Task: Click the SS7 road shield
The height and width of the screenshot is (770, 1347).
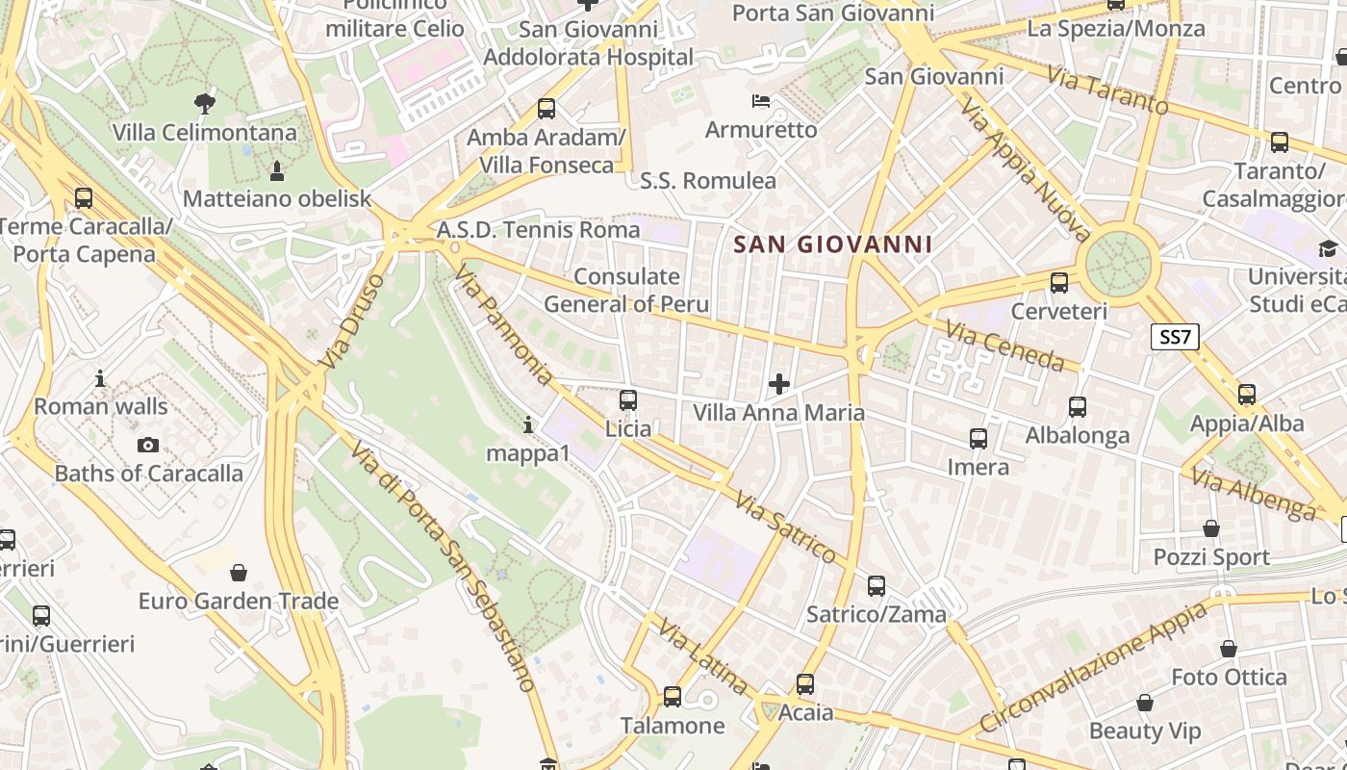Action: pos(1175,337)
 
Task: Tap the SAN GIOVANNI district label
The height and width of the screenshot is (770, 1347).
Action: pos(833,244)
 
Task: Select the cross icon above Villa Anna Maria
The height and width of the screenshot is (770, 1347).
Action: pos(779,385)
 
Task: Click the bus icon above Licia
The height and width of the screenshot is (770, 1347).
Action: pos(628,400)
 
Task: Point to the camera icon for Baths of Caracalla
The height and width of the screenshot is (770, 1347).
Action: pos(148,445)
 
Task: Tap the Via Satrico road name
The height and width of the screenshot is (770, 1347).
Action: pos(785,526)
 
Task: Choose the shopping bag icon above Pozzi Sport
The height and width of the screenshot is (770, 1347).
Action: pos(1211,528)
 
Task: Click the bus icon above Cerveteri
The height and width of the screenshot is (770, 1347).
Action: pos(1059,283)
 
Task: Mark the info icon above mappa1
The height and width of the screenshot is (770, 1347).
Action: pos(527,424)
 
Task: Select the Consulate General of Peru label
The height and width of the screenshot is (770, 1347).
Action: pos(626,291)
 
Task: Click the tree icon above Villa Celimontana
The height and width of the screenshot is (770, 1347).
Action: pos(204,103)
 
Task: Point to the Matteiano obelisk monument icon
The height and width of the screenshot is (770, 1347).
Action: pos(277,171)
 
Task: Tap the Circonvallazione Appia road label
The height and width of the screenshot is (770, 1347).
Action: pos(1094,667)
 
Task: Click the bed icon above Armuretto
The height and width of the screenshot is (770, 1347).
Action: pos(761,101)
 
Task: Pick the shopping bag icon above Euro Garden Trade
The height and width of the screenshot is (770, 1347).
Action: pos(239,574)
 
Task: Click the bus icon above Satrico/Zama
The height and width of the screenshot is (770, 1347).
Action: pos(877,585)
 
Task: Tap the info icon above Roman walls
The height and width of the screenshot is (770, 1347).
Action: pos(100,378)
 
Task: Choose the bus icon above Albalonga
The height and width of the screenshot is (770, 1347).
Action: pos(1078,407)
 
